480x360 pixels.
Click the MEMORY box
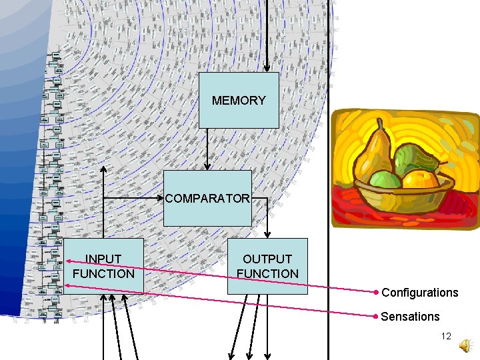tap(239, 100)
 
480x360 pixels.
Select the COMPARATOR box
tap(208, 198)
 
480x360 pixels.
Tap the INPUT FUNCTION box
tap(103, 265)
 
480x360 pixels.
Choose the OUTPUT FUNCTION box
tap(267, 265)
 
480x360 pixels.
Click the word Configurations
tap(419, 293)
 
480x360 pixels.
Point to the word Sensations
tap(410, 317)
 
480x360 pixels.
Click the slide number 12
tap(446, 337)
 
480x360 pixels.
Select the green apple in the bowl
tap(385, 179)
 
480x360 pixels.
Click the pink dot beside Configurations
tap(377, 292)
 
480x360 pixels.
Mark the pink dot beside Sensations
tap(377, 316)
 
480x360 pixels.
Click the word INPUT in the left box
tap(103, 259)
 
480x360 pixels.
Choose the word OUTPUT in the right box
tap(267, 259)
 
